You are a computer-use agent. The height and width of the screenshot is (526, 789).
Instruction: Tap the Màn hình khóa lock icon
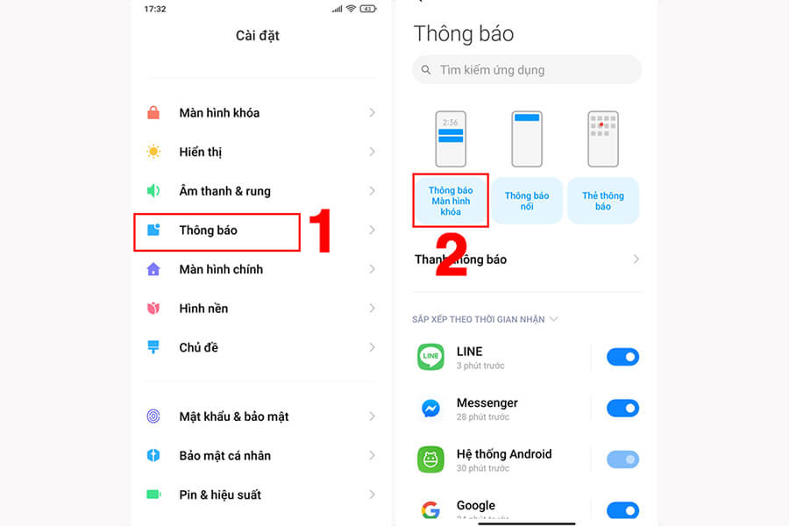(x=153, y=112)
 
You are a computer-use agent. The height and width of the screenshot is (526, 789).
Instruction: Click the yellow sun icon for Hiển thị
(x=153, y=152)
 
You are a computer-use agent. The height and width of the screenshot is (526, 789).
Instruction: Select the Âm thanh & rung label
(x=224, y=191)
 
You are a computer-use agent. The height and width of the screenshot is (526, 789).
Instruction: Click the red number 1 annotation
(x=321, y=232)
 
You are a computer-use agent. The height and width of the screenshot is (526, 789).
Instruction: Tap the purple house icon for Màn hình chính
(x=153, y=269)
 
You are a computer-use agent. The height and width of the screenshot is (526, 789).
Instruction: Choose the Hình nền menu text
(x=203, y=309)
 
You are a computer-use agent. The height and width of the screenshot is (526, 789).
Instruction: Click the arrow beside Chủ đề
(x=373, y=347)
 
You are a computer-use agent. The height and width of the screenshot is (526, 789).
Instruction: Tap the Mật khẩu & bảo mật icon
(x=153, y=416)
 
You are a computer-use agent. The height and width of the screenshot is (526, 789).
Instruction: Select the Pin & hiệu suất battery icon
(x=153, y=494)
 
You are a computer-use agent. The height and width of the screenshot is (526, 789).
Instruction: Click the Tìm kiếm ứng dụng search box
(x=526, y=69)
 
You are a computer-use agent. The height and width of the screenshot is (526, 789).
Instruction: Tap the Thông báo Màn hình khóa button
(x=450, y=201)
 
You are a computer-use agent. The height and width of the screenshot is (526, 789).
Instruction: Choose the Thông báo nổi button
(x=526, y=201)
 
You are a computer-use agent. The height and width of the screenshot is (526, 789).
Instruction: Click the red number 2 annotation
(x=451, y=256)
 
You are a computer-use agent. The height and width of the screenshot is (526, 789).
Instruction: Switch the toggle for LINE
(x=622, y=357)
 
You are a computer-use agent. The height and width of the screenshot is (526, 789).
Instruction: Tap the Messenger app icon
(x=430, y=409)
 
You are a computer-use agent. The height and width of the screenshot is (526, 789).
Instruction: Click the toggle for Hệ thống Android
(x=622, y=459)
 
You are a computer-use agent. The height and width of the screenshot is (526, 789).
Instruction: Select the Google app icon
(x=430, y=510)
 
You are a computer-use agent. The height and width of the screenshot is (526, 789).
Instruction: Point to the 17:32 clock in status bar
(x=155, y=8)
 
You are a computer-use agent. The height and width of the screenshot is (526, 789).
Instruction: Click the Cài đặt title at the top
(x=258, y=36)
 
